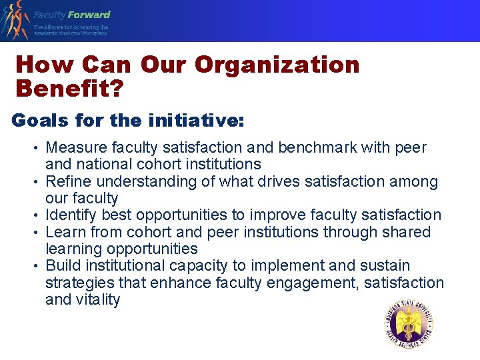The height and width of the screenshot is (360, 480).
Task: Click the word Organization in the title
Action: click(x=277, y=65)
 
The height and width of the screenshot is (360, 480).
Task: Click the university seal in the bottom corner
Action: click(x=409, y=325)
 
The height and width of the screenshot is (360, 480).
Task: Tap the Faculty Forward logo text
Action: click(x=72, y=15)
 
